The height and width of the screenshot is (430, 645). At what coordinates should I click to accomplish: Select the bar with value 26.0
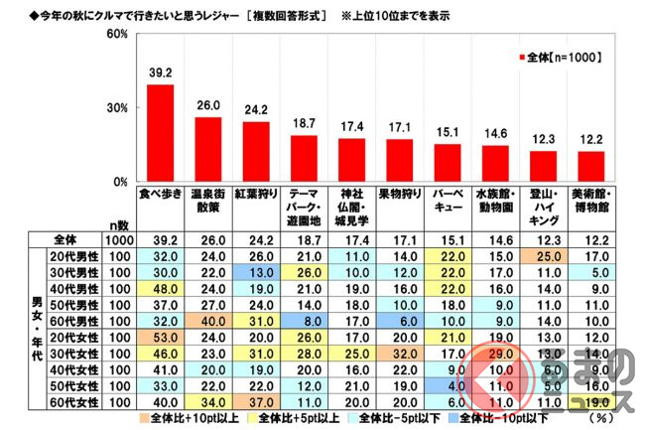[x=207, y=149]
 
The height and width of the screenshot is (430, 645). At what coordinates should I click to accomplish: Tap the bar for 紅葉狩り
[x=255, y=151]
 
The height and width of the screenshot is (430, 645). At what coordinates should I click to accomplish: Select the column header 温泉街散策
[x=207, y=203]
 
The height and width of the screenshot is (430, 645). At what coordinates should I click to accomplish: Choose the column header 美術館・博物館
[x=591, y=203]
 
